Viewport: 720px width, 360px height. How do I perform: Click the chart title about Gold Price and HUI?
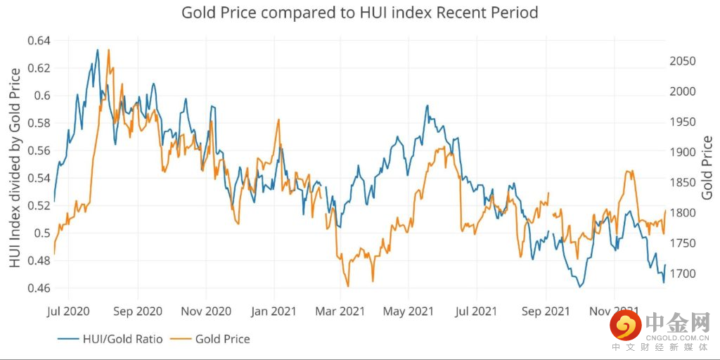click(x=360, y=13)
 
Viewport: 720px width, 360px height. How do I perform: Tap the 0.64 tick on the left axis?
click(x=39, y=41)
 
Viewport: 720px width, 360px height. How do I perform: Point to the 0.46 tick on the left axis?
click(x=39, y=288)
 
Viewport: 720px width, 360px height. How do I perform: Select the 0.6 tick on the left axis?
click(x=43, y=96)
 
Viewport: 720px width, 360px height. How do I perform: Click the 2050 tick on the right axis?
click(x=682, y=61)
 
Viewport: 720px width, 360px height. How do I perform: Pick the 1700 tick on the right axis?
click(x=682, y=274)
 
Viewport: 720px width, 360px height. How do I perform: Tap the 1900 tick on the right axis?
click(x=682, y=152)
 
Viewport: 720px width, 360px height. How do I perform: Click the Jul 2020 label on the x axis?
click(x=69, y=311)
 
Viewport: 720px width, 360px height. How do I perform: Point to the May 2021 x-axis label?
click(x=409, y=311)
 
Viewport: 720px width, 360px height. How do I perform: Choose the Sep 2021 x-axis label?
click(x=546, y=311)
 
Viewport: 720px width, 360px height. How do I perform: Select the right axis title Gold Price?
click(x=707, y=167)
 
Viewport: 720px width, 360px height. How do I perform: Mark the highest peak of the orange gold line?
click(x=109, y=50)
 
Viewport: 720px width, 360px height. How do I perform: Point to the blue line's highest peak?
click(x=97, y=49)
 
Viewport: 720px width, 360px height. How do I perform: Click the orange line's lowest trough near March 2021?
click(x=347, y=286)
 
